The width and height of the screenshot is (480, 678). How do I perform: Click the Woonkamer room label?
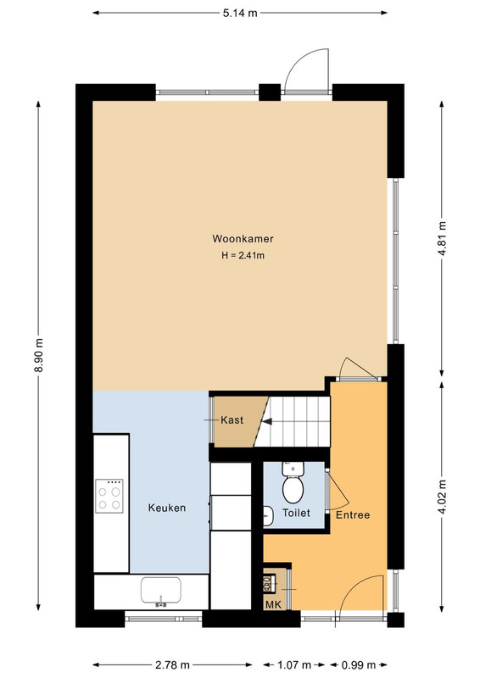point(243,239)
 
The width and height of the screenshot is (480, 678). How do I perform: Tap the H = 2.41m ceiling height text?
point(243,255)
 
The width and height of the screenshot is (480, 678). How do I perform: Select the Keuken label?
point(167,508)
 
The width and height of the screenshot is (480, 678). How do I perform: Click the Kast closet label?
point(232,420)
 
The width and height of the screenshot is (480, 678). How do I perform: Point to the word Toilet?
point(296,513)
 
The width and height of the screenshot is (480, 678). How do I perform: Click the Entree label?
point(353,515)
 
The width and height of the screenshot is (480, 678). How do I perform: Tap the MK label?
point(273,604)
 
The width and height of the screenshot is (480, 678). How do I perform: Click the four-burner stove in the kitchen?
point(109,496)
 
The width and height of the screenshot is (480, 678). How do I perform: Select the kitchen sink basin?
point(161,590)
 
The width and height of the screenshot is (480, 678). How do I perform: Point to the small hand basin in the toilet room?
point(268,516)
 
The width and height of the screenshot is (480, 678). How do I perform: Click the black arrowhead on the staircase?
point(267,420)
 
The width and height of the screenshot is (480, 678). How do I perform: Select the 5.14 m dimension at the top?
point(240,13)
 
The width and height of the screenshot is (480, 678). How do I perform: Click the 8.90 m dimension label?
point(39,355)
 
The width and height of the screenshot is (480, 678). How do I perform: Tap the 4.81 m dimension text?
point(442,238)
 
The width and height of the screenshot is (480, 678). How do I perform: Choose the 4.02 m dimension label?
point(442,497)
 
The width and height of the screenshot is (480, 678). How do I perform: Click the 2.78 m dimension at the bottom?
point(172,664)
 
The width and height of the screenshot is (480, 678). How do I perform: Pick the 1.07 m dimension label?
point(294,664)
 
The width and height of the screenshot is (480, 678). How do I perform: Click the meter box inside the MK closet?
point(270,583)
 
